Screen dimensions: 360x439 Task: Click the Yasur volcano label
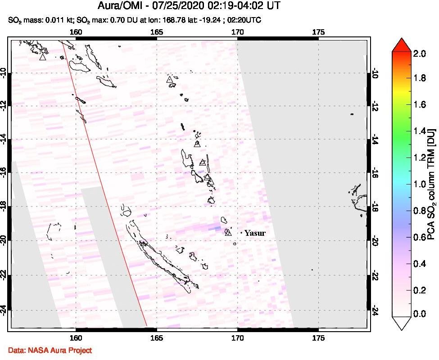(255, 233)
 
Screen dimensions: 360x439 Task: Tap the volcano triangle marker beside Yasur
(228, 232)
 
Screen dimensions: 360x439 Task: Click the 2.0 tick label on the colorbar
(420, 54)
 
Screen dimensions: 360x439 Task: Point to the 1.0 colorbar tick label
(420, 184)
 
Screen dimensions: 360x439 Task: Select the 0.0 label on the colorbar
(420, 314)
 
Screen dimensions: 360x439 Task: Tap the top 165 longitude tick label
(156, 32)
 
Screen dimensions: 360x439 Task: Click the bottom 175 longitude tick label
(318, 337)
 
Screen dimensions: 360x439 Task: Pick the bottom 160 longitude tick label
(76, 337)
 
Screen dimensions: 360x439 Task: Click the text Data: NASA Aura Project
(50, 350)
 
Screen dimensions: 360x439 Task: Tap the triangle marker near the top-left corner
(42, 57)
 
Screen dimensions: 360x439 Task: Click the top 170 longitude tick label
(237, 32)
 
